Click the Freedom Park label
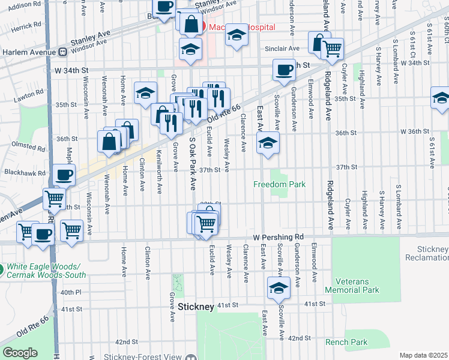(279, 184)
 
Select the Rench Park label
(346, 342)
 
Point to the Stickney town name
(196, 307)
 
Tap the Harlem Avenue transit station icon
(62, 52)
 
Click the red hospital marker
(200, 27)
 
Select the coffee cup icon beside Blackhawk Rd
(64, 175)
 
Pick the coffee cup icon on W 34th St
(284, 70)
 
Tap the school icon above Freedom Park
(268, 143)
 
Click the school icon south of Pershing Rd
(279, 288)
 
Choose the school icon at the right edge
(440, 98)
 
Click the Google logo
(20, 353)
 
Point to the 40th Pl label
(70, 292)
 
